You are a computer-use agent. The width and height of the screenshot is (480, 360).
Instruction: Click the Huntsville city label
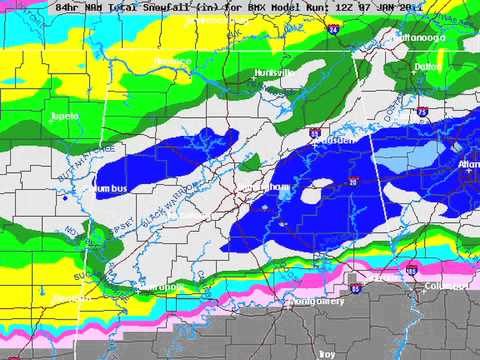coord(272,73)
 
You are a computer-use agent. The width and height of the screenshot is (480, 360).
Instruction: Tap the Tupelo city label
coord(65,117)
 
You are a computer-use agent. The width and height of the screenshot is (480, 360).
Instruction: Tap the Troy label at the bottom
coord(326,354)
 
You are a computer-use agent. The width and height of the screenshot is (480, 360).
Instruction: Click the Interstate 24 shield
coord(332,32)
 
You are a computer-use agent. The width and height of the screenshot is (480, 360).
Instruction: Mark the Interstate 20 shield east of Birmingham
coord(354,182)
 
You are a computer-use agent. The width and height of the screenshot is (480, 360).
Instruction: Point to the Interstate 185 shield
coord(411,268)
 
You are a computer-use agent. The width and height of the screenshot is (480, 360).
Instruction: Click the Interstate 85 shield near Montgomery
coord(355,288)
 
